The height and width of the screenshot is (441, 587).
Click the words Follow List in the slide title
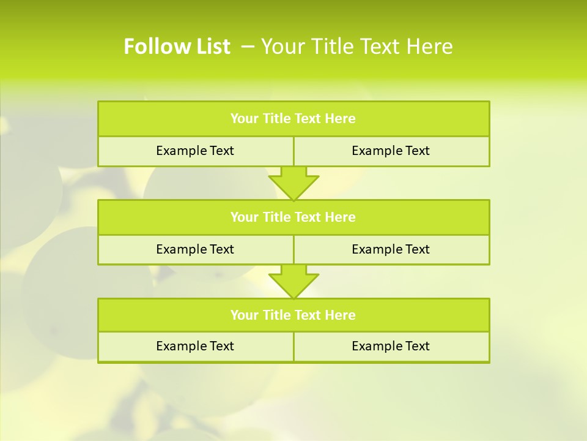coord(177,47)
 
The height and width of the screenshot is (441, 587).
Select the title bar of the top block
coord(293,119)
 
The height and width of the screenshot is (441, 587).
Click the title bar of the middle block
coord(293,217)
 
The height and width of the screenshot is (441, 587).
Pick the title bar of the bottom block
coord(293,315)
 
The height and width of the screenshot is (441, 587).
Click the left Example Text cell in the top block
coord(195,151)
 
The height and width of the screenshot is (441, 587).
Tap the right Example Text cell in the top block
coord(391,151)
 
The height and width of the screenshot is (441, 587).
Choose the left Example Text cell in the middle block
coord(195,249)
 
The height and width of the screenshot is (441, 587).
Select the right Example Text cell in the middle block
coord(391,249)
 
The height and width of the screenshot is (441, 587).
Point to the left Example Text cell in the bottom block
coord(195,346)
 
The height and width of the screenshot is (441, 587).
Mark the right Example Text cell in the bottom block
coord(391,346)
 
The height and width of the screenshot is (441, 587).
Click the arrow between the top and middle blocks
coord(293,183)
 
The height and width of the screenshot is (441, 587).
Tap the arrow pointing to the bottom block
coord(293,281)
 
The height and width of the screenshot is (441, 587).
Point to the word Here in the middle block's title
coord(341,217)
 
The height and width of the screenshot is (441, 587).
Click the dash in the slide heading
coord(248,47)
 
